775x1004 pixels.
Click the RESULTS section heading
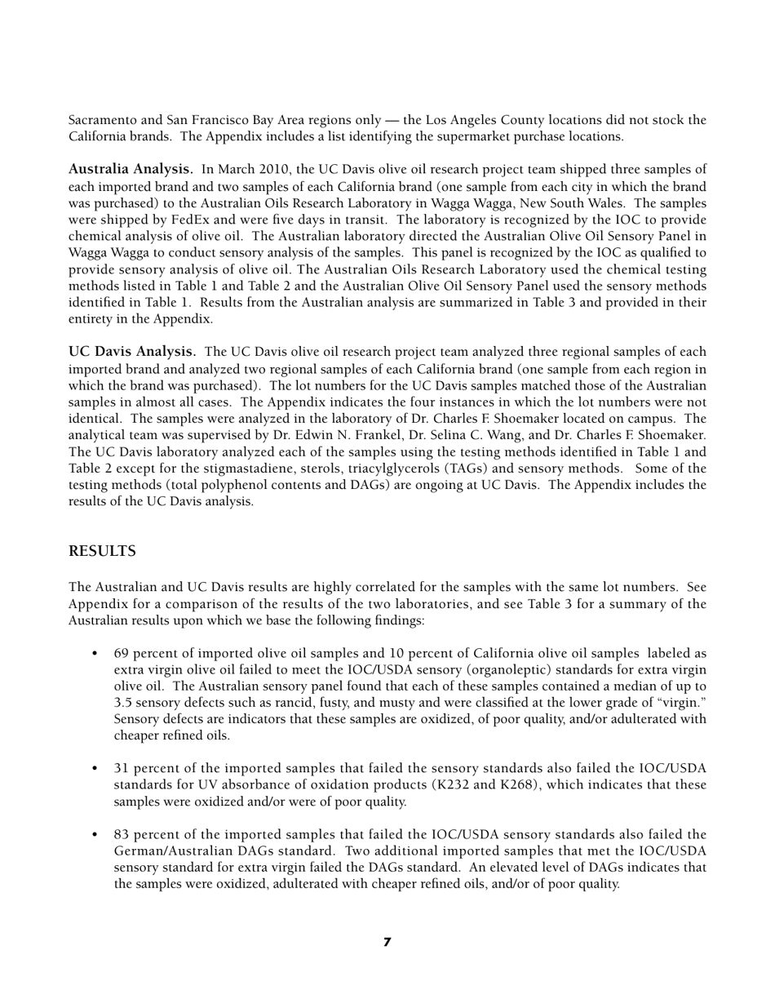point(102,552)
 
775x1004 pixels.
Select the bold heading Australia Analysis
point(131,170)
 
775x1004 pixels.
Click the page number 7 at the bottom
point(387,942)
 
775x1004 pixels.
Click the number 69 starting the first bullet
point(122,654)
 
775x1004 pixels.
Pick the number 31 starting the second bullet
point(122,769)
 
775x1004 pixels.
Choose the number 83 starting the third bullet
point(122,835)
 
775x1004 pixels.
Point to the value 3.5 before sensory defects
point(123,703)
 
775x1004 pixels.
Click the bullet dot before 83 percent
point(95,835)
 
